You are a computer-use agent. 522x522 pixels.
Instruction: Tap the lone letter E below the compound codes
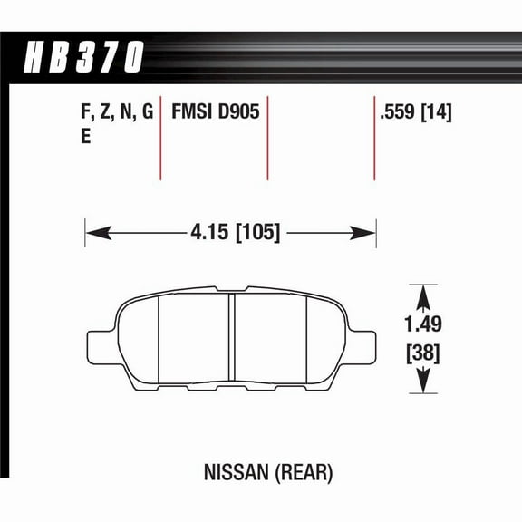click(x=86, y=137)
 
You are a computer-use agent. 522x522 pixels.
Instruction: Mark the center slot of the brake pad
click(x=231, y=340)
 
